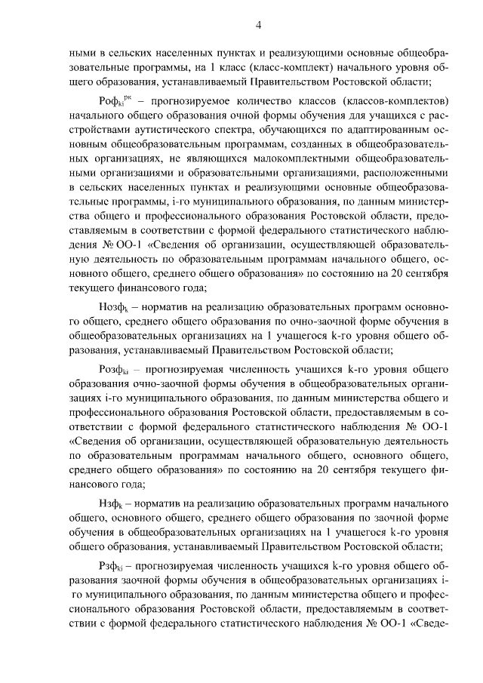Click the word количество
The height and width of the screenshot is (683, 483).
267,101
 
